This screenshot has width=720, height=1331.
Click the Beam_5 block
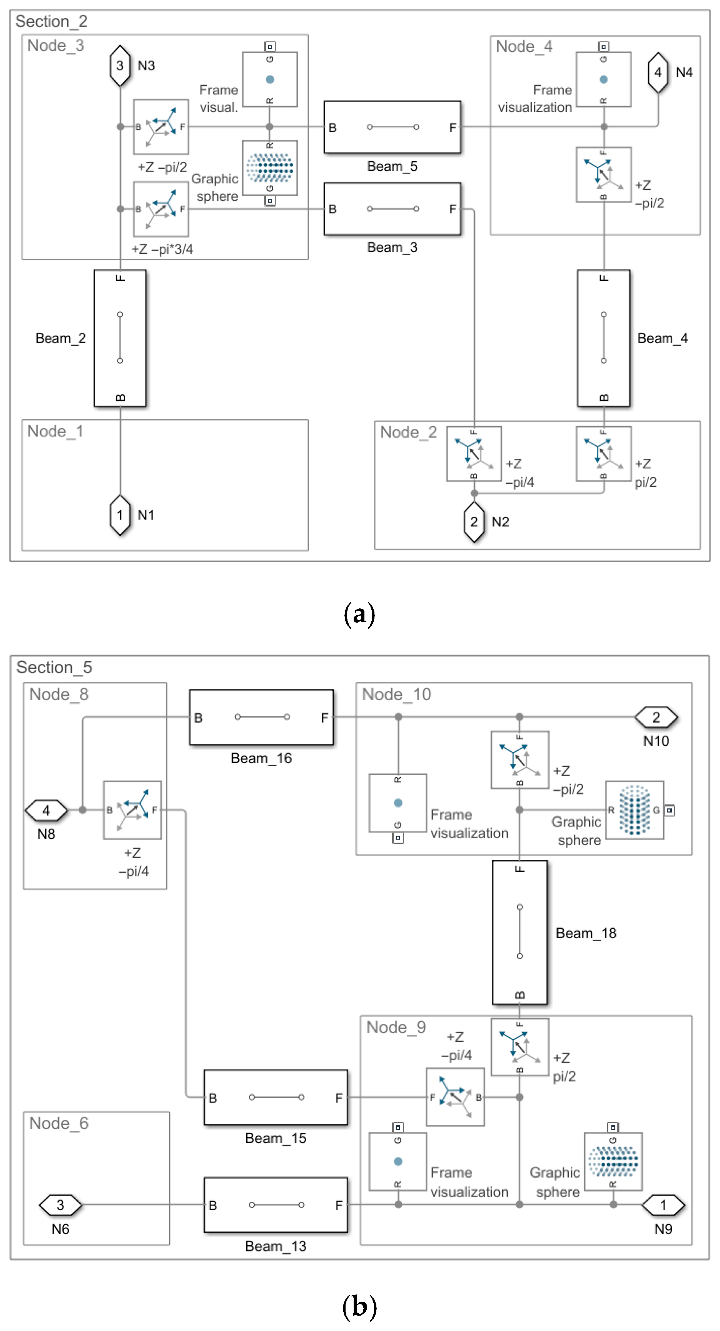392,127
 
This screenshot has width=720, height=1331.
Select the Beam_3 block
392,209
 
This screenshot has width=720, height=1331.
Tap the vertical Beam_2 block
120,338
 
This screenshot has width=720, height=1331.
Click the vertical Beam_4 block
603,338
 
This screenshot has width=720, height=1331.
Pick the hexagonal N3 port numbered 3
120,66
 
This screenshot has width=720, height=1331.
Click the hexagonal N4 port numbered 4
657,72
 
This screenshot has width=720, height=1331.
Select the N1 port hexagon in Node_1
120,515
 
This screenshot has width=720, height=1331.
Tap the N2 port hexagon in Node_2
474,521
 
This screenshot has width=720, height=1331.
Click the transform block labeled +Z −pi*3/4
161,209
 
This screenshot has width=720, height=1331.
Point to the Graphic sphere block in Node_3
270,168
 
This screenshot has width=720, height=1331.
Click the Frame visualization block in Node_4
603,79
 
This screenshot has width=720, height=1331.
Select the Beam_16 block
262,717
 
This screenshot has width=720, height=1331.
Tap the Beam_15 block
276,1097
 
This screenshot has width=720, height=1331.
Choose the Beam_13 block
276,1204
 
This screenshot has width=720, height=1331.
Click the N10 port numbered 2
656,717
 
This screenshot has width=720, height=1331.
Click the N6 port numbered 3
60,1204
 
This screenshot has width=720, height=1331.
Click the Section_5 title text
54,667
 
